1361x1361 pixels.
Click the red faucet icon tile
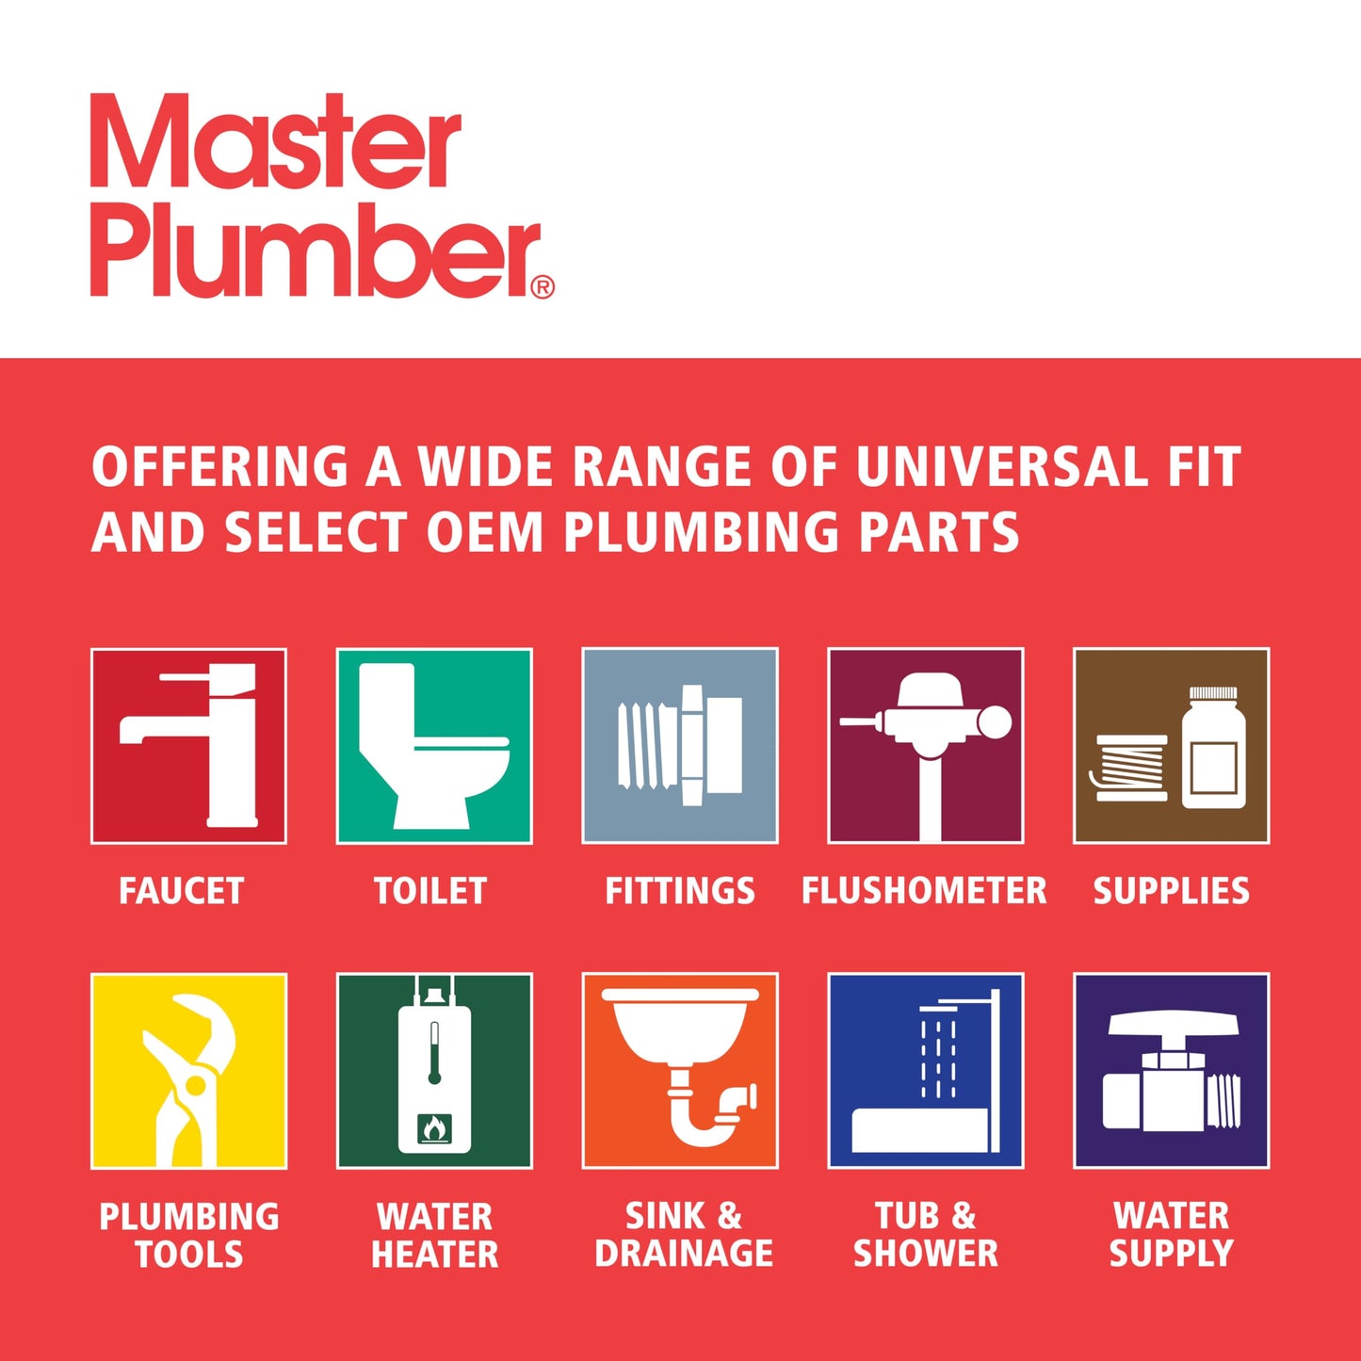[188, 745]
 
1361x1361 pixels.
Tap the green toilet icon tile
[434, 745]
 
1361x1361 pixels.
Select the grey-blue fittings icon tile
[680, 745]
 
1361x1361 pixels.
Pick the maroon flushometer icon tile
[926, 745]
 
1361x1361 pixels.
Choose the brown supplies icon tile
[1172, 745]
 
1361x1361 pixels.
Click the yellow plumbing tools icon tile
[188, 1071]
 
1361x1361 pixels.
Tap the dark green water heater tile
[434, 1071]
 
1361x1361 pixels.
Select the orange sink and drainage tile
[680, 1071]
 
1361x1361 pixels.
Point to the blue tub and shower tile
[926, 1071]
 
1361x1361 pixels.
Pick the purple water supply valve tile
[1172, 1071]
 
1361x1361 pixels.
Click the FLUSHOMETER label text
[924, 891]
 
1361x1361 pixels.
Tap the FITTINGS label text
[680, 891]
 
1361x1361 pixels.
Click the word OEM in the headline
[485, 532]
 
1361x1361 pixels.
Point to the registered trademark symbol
[543, 287]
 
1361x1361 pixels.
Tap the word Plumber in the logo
[316, 250]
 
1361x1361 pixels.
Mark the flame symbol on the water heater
[434, 1126]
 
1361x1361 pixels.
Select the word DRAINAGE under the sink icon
[684, 1254]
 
